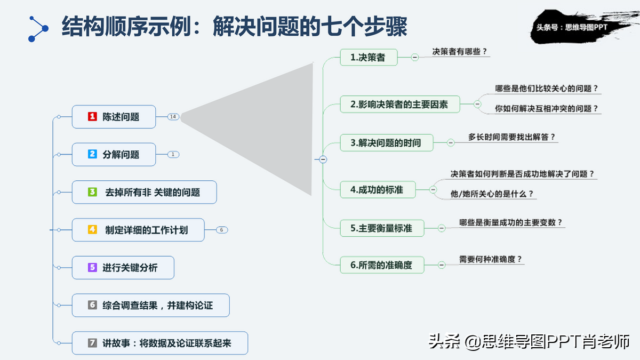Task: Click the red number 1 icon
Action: coord(92,117)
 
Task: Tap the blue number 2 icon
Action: coord(92,154)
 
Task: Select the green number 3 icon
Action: coord(92,192)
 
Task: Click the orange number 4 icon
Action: coord(92,230)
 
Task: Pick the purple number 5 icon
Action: coord(92,267)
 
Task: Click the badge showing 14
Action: coord(173,117)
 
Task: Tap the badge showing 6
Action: coord(222,230)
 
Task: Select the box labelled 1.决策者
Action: coord(369,57)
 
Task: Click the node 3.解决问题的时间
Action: coord(387,142)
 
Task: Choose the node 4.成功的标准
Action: coord(378,189)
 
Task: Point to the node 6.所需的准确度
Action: coord(382,265)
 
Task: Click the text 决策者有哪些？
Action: coord(459,51)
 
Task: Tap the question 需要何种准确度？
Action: coord(490,259)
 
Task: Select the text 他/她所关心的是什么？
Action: coord(492,194)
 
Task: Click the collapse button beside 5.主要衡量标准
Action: coord(442,228)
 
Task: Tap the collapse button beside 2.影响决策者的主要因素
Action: coord(477,104)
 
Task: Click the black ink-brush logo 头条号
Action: coord(580,27)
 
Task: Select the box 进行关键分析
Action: coord(123,267)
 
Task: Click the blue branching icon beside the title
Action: coord(38,29)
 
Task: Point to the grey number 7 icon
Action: coord(92,343)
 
